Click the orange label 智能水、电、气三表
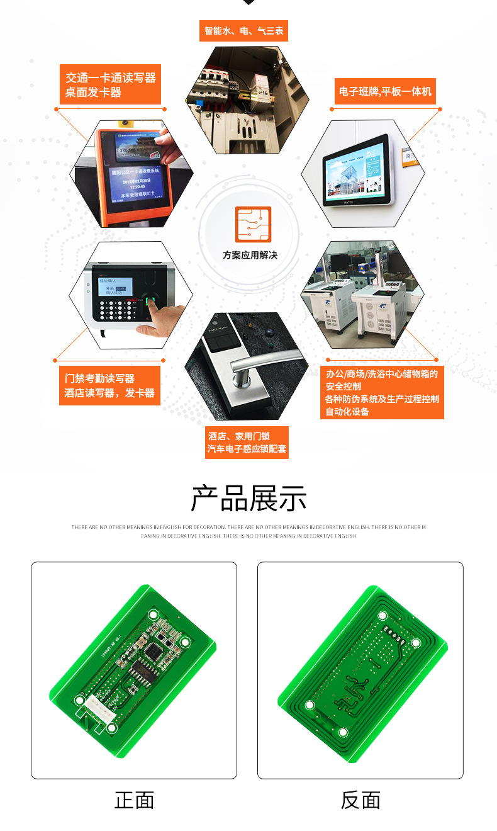(x=243, y=31)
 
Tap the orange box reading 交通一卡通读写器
(x=111, y=85)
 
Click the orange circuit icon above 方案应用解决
(x=253, y=224)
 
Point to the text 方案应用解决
(x=250, y=255)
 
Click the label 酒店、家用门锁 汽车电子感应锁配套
(x=247, y=442)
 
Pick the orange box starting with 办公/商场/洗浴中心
(x=382, y=392)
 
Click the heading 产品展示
(x=249, y=499)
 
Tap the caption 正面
(x=134, y=800)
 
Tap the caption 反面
(x=360, y=800)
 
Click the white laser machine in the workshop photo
(x=377, y=308)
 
